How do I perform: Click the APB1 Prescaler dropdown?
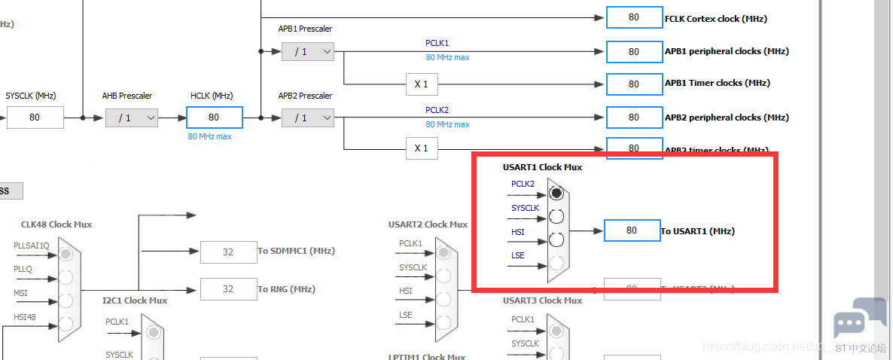coord(307,51)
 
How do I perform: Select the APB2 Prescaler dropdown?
coord(307,117)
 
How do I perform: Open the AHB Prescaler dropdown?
coord(131,117)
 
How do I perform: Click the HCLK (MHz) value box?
coord(214,117)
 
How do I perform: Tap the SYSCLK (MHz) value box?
coord(35,117)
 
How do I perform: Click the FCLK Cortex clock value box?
coord(633,18)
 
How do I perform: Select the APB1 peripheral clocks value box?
coord(633,51)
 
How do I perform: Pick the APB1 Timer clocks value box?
coord(633,83)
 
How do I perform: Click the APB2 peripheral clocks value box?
coord(633,117)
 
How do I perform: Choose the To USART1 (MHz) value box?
coord(632,230)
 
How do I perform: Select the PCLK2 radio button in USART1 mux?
coord(556,193)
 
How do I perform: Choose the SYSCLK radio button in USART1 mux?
coord(556,217)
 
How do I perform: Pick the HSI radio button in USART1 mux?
coord(556,240)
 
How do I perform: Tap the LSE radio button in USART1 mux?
coord(556,264)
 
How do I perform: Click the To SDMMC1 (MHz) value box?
coord(228,252)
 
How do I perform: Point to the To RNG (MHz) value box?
coord(228,289)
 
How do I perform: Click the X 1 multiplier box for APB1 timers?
coord(421,84)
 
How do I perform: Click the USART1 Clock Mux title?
coord(542,167)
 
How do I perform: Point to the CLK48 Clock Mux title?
coord(56,224)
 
